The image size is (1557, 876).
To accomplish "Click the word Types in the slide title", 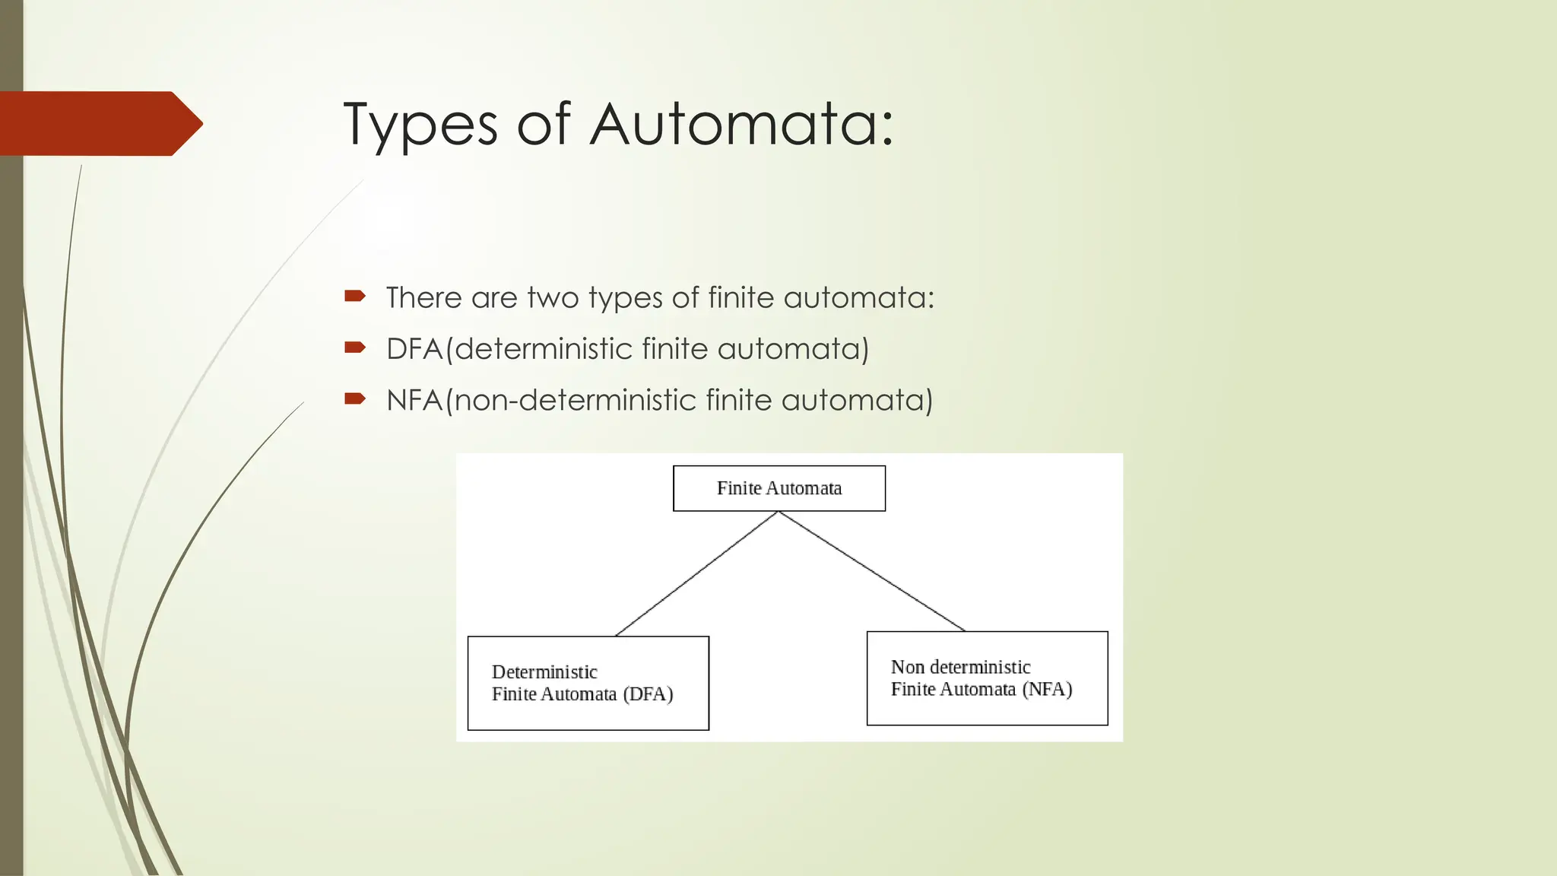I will point(420,125).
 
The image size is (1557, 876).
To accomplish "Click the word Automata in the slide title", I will point(741,124).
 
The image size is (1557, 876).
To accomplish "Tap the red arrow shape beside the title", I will point(99,123).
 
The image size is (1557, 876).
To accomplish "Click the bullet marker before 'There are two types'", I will point(354,296).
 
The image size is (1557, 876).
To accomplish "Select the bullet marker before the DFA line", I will point(354,348).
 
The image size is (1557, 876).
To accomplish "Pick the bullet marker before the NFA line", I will point(354,398).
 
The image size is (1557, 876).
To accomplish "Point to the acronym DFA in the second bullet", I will point(414,349).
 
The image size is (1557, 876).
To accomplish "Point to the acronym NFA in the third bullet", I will point(414,400).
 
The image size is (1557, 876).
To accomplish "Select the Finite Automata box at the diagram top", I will point(779,488).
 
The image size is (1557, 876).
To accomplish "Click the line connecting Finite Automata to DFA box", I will point(696,574).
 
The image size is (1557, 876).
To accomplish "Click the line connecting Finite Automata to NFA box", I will point(872,571).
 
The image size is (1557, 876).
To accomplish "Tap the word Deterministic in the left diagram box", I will point(544,672).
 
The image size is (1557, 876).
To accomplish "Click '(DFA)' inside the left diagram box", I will point(648,694).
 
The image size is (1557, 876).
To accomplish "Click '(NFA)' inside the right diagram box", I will point(1047,690).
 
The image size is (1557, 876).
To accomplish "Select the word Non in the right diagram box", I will point(907,668).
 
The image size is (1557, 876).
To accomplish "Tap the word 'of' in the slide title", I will point(543,124).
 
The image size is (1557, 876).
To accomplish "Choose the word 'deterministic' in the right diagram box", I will point(980,668).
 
